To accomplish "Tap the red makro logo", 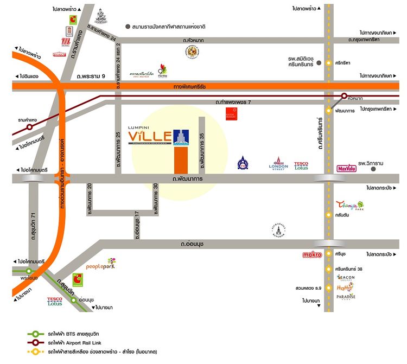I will [x=311, y=254].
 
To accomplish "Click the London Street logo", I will [x=278, y=164].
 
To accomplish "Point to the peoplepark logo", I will [x=100, y=265].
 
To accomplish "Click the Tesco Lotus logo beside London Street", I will [x=301, y=165].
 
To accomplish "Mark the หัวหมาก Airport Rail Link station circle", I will [x=344, y=96].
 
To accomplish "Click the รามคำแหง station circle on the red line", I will [x=29, y=126].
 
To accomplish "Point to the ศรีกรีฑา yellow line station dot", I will [x=328, y=63].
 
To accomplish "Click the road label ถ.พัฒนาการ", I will [x=187, y=178].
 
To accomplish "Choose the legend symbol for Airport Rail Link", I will [x=36, y=343].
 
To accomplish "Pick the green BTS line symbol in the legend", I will [x=36, y=334].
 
